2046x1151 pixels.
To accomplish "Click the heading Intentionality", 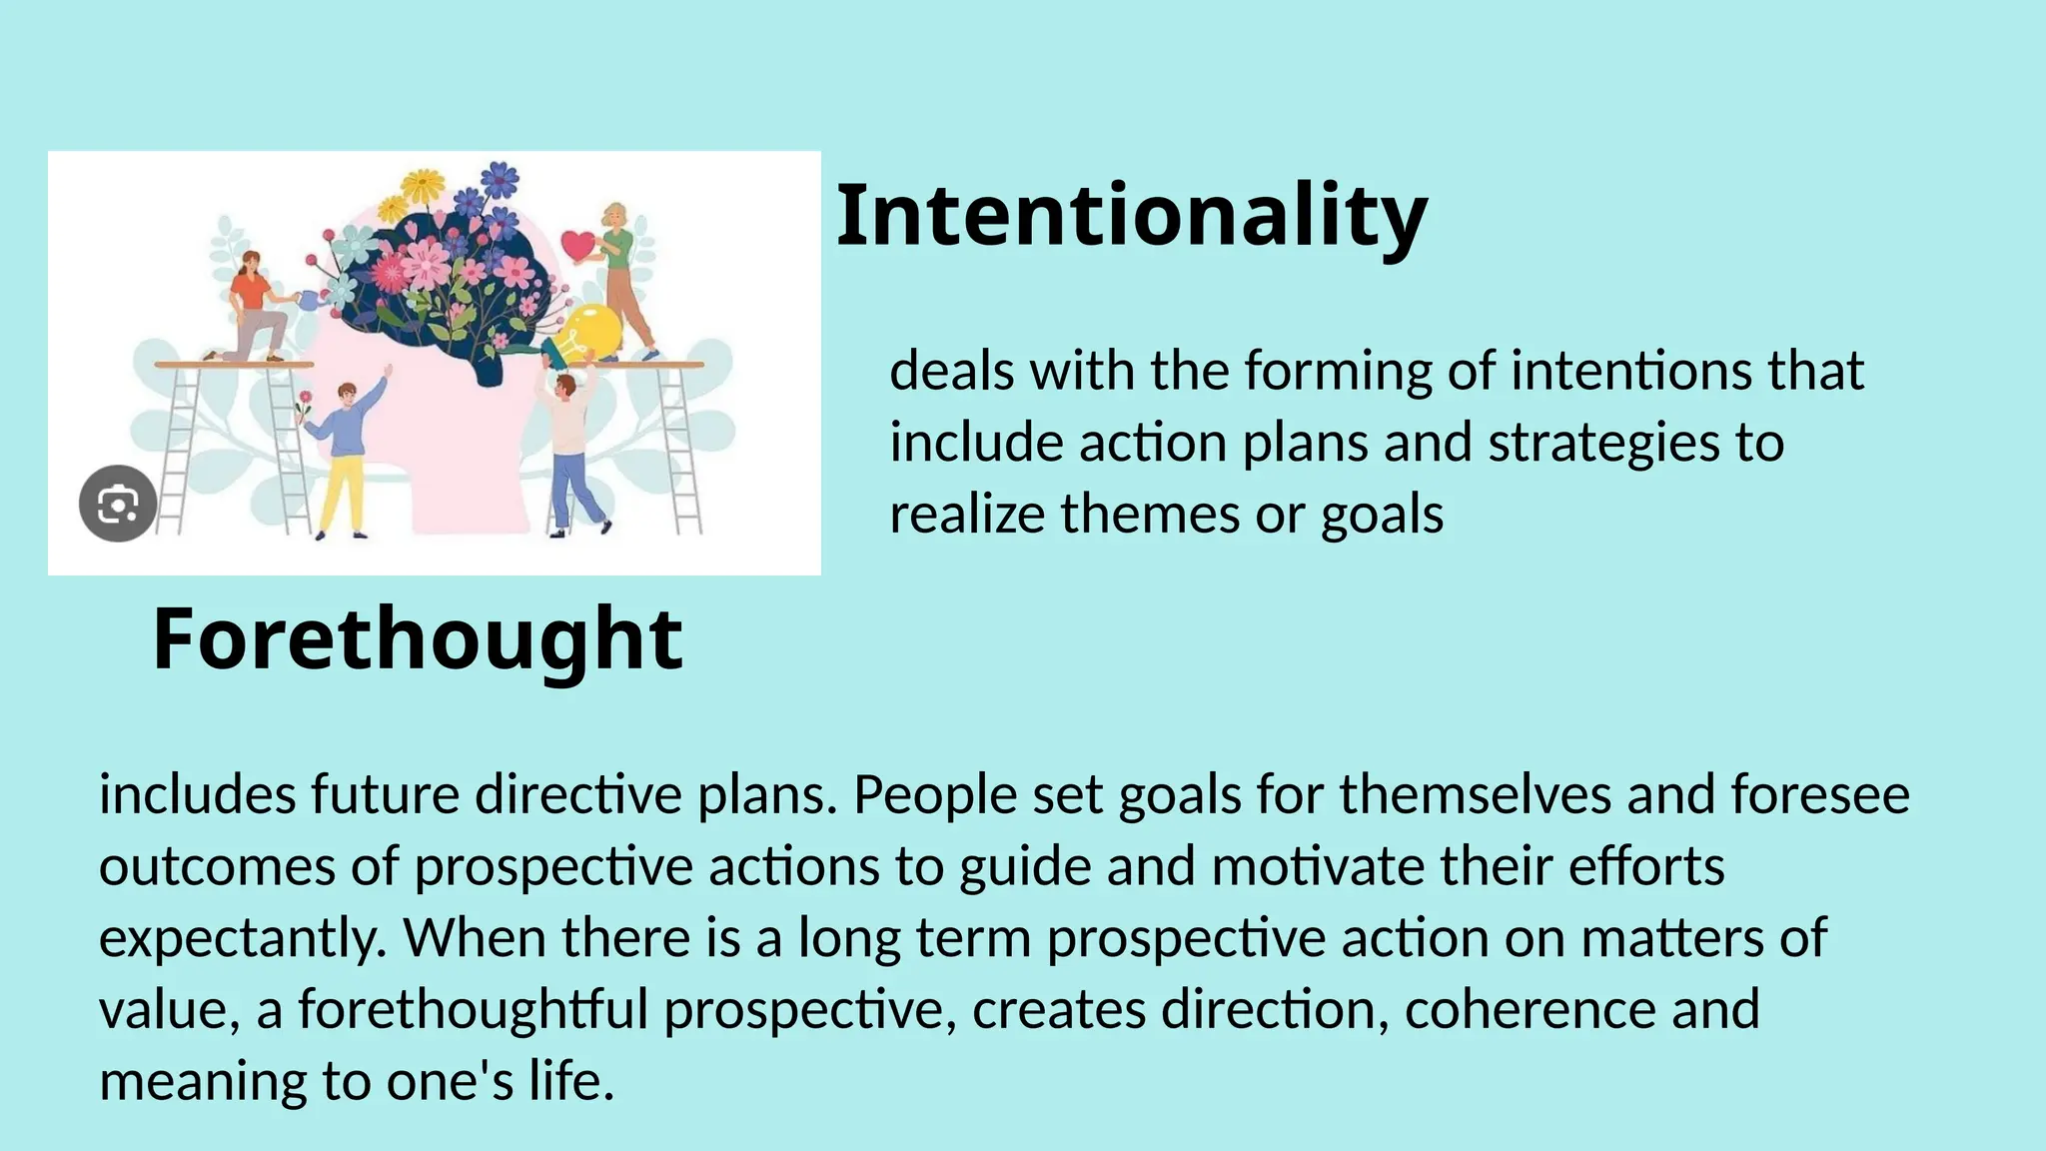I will click(1131, 216).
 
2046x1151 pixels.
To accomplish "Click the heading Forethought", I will click(418, 639).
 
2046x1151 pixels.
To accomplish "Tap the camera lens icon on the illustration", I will click(118, 505).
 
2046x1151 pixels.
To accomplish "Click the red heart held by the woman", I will click(577, 244).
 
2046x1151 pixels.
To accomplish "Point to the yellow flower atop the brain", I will click(423, 187).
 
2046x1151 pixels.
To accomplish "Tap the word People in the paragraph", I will click(933, 795).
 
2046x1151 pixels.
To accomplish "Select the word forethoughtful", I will click(474, 1010).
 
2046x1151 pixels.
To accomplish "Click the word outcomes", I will click(217, 867).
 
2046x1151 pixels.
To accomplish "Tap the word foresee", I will click(1820, 795).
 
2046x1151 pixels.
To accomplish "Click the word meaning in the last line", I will click(203, 1082).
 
